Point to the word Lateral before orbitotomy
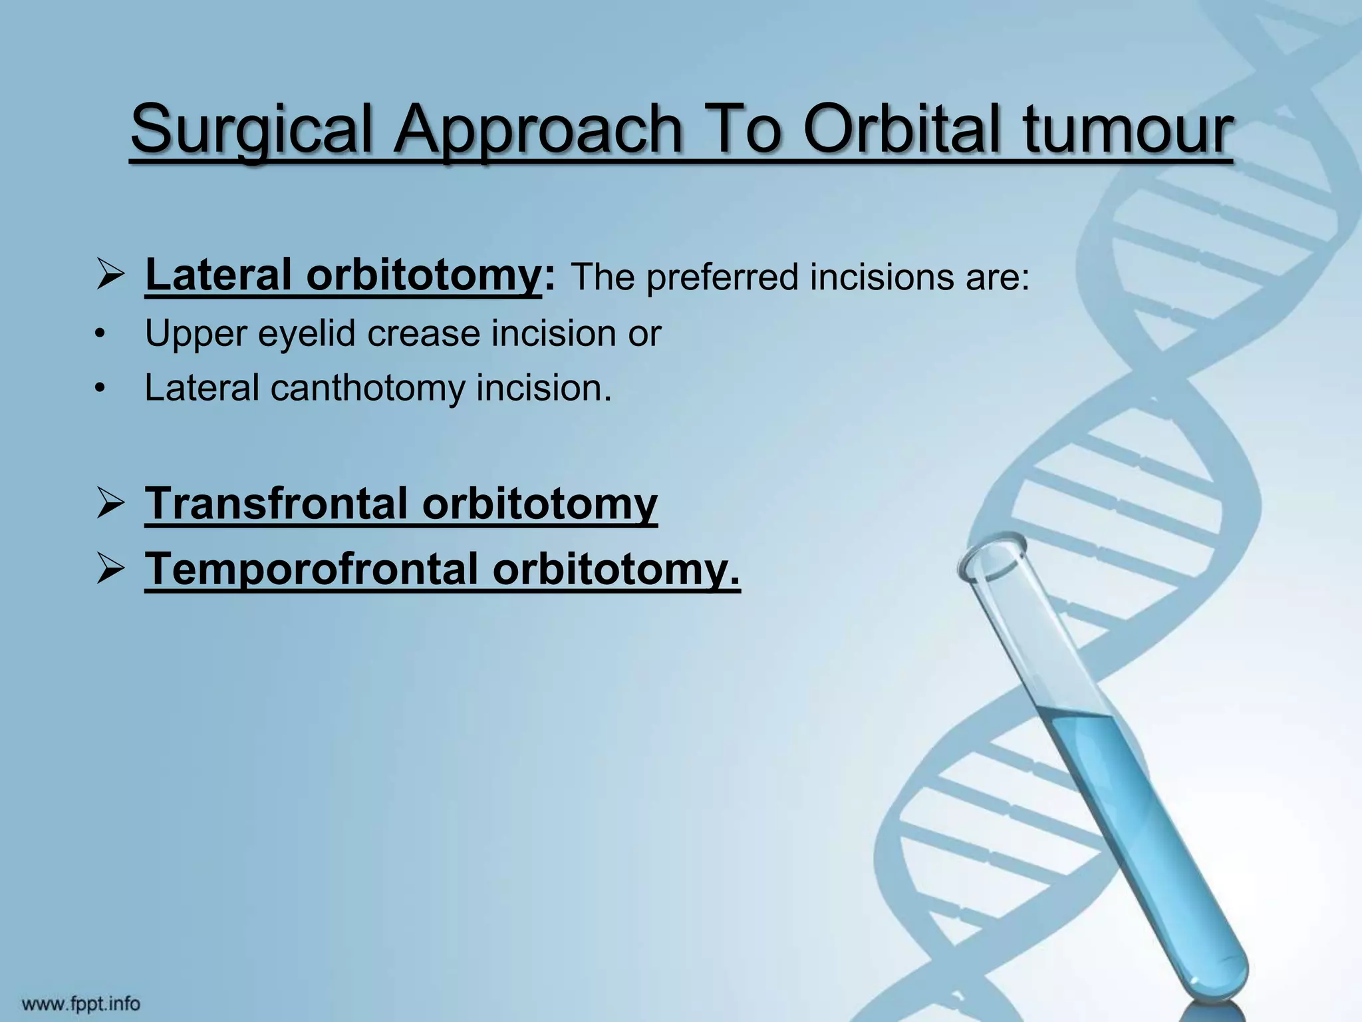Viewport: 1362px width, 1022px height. tap(219, 275)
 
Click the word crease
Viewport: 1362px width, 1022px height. tap(423, 333)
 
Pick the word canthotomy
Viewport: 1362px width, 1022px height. tap(368, 388)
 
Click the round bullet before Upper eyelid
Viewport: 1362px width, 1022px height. tap(100, 334)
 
